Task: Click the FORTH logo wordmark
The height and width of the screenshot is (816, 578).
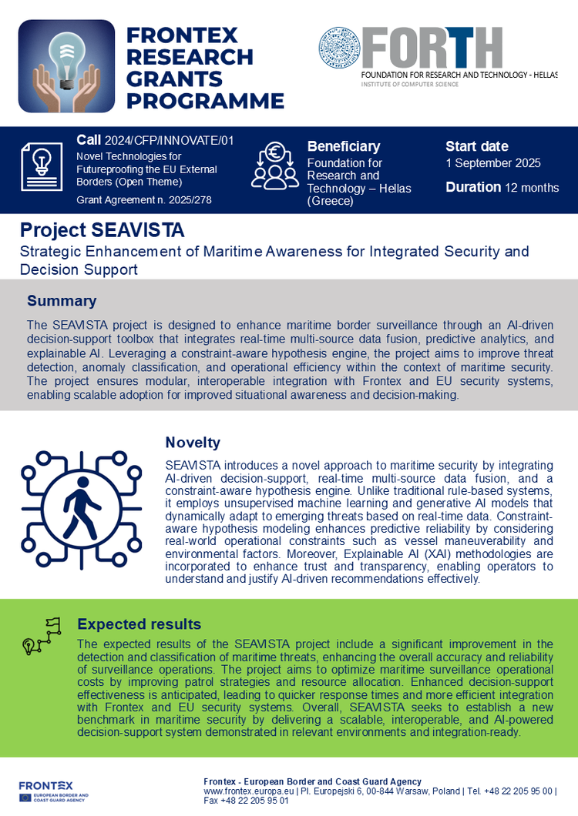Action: click(432, 48)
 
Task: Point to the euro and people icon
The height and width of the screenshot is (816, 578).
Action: click(275, 166)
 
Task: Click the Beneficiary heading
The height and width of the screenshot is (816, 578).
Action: click(344, 146)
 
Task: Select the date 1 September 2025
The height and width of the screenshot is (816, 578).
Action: click(493, 163)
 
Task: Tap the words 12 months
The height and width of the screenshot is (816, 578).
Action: click(532, 188)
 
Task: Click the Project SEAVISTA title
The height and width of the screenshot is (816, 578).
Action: click(102, 230)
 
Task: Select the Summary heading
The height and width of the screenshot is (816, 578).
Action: click(62, 301)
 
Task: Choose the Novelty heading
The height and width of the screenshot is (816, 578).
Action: click(193, 443)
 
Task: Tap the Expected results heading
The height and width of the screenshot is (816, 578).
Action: click(139, 624)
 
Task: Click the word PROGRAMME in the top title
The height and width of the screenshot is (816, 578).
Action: click(205, 101)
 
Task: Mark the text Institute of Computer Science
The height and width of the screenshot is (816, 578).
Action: click(410, 84)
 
